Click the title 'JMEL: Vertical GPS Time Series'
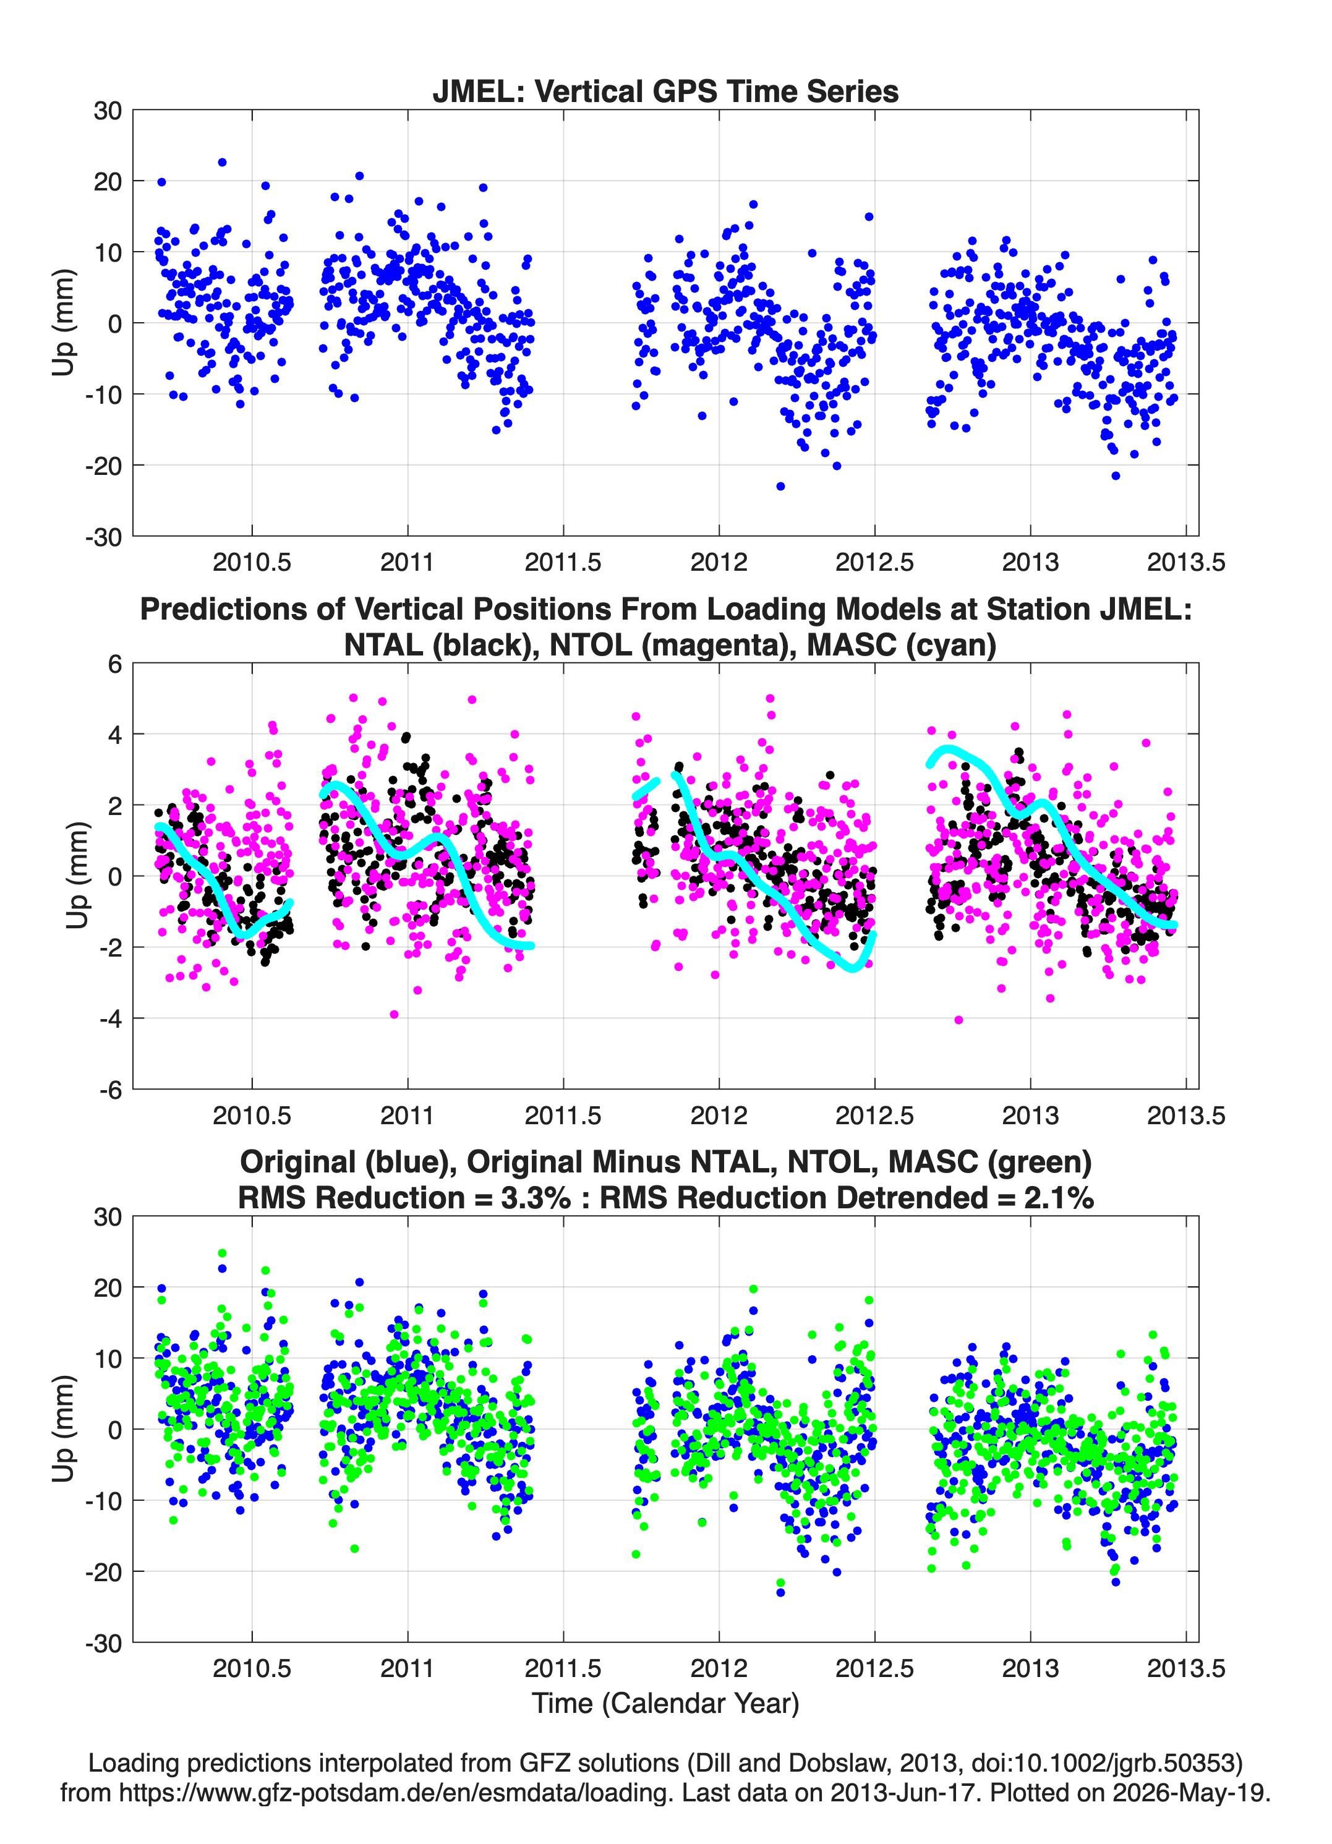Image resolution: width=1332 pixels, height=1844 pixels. point(665,91)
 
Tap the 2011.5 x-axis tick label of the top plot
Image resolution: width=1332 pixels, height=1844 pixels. point(563,562)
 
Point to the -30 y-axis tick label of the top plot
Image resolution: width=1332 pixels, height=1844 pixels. point(103,537)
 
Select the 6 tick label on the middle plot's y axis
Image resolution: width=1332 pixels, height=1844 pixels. point(114,664)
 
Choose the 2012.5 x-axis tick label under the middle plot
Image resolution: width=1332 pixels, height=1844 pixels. point(874,1116)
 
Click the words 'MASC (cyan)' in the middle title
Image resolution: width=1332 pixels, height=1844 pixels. point(902,645)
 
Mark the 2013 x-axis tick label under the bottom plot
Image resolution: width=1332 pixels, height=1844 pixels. point(1030,1668)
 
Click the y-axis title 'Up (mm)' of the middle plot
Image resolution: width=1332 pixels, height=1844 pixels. point(77,876)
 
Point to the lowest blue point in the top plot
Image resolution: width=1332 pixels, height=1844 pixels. point(780,486)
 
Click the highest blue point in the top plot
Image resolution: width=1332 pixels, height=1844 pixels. point(222,163)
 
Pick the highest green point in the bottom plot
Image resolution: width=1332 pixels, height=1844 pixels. point(222,1253)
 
